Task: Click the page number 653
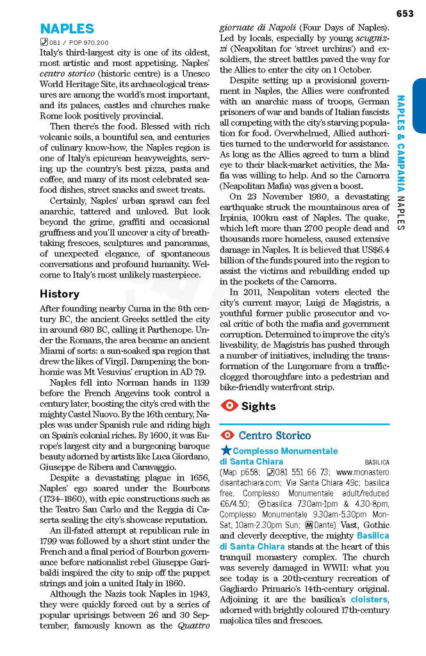click(405, 13)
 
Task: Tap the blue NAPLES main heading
click(67, 29)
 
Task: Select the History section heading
click(60, 294)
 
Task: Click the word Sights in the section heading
click(259, 406)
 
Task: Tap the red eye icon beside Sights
click(229, 406)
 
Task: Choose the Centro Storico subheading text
click(275, 436)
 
